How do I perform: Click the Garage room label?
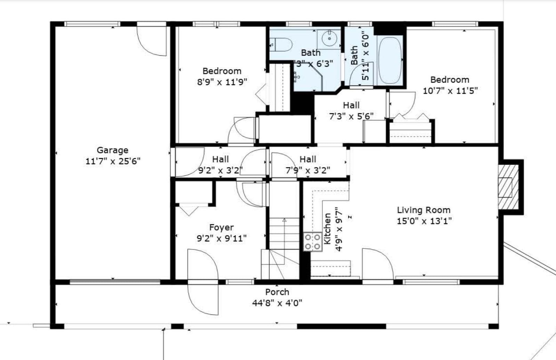(x=113, y=150)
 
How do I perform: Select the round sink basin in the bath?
(x=329, y=39)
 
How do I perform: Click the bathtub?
(x=390, y=60)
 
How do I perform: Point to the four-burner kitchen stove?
(x=312, y=242)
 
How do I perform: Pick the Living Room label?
(x=424, y=210)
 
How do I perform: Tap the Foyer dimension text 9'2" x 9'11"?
(x=222, y=239)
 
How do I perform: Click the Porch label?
(x=277, y=292)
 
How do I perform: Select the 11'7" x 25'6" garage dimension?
(x=113, y=161)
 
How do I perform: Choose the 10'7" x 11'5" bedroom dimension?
(x=450, y=91)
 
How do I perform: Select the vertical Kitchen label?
(x=327, y=229)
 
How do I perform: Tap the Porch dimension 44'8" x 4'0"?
(x=277, y=303)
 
